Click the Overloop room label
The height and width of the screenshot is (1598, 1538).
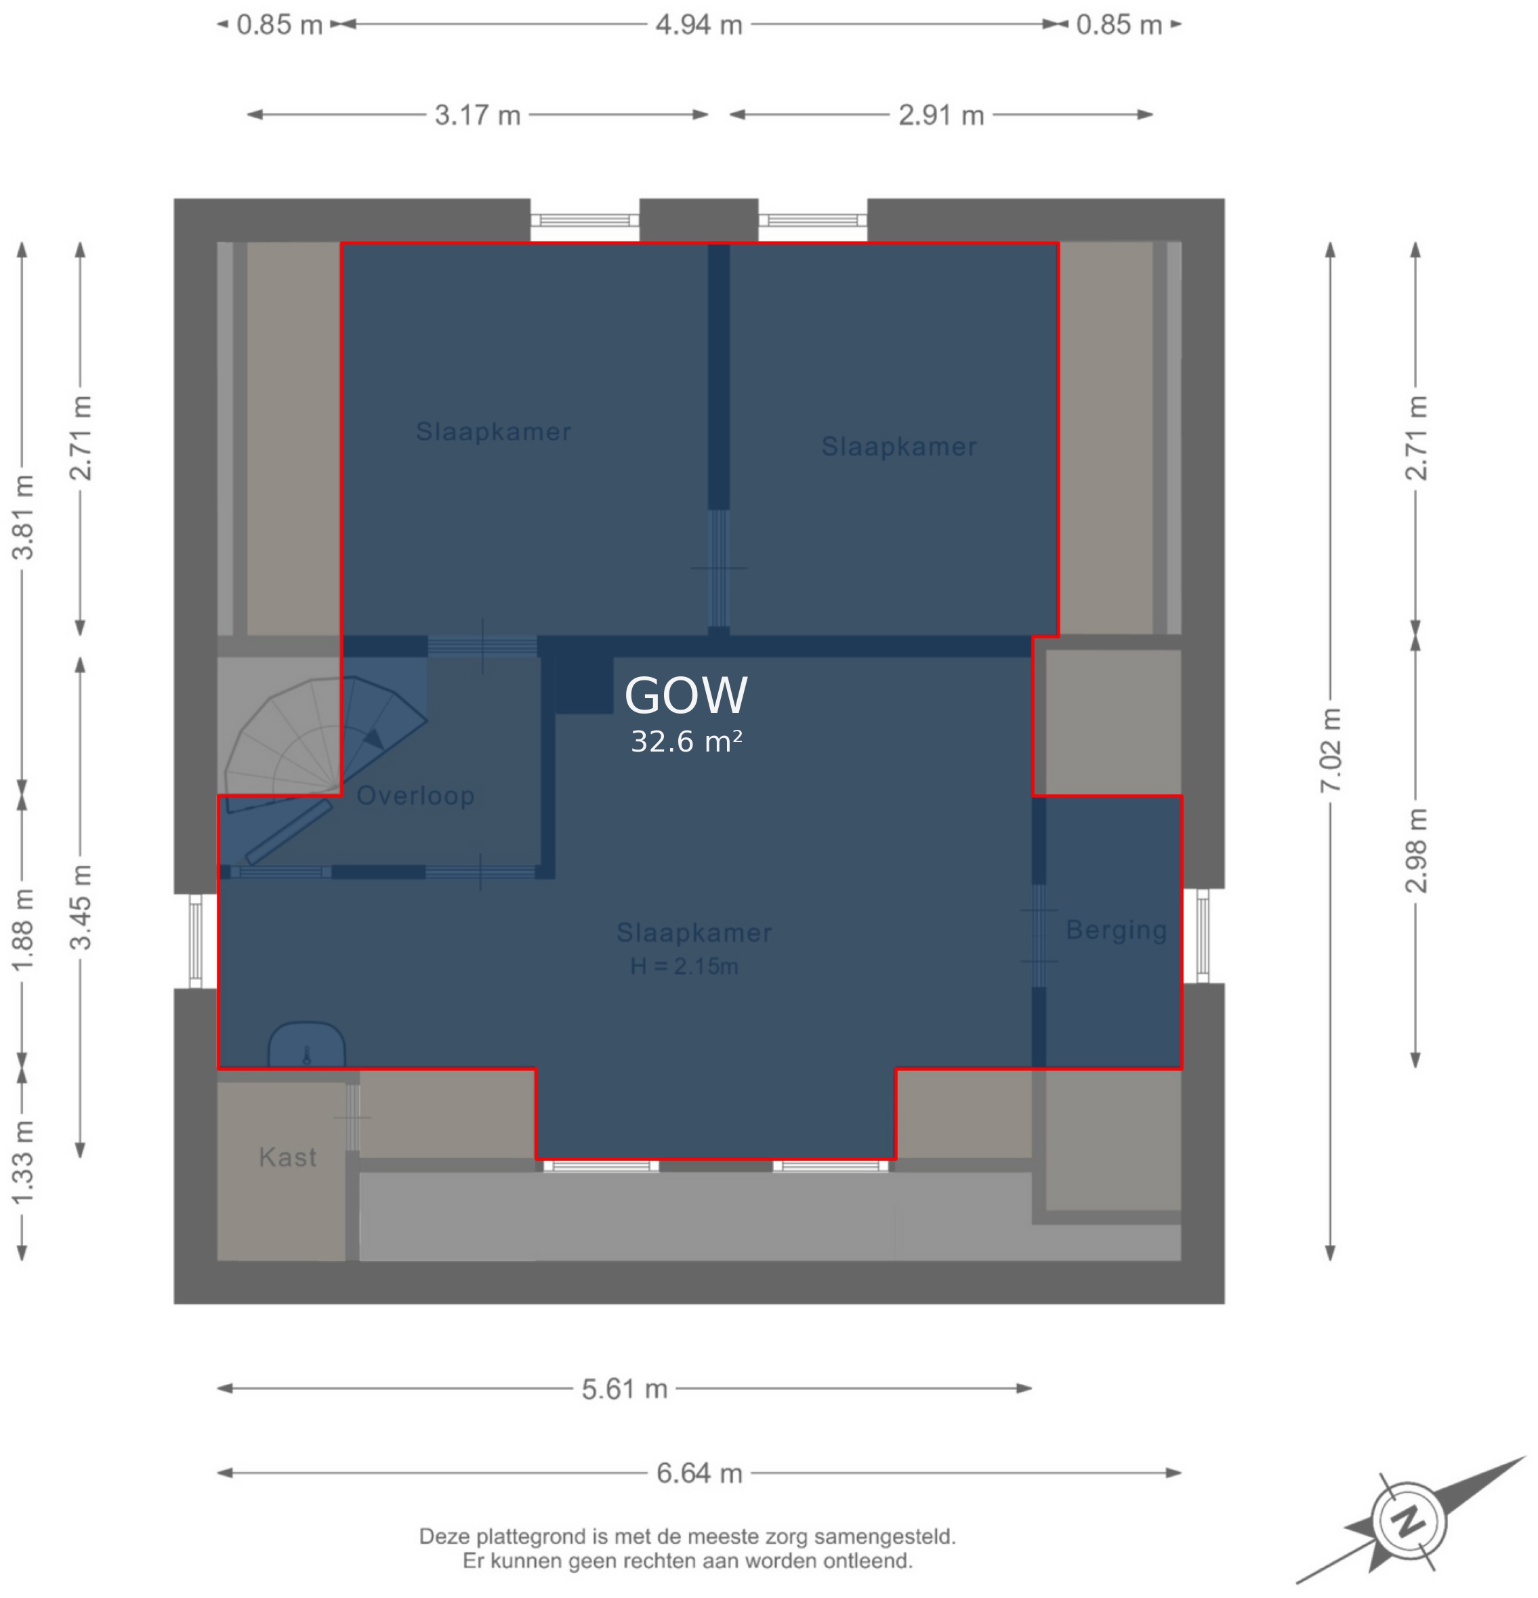pyautogui.click(x=416, y=795)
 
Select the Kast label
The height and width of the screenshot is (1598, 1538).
pyautogui.click(x=288, y=1157)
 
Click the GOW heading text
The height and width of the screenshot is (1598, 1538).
pyautogui.click(x=686, y=695)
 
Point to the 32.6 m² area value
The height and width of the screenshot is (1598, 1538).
pyautogui.click(x=686, y=741)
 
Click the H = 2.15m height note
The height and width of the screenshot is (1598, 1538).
pyautogui.click(x=684, y=966)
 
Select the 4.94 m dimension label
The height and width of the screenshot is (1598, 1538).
pyautogui.click(x=699, y=24)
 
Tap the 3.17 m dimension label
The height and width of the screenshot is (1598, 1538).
pyautogui.click(x=478, y=115)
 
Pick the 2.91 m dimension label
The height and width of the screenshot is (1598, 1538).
pyautogui.click(x=941, y=115)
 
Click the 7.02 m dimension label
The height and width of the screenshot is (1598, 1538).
pyautogui.click(x=1330, y=750)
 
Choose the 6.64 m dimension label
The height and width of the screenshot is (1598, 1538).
pyautogui.click(x=699, y=1473)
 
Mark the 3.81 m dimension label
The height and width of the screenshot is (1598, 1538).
pyautogui.click(x=23, y=517)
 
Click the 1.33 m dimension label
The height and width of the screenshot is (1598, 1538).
pyautogui.click(x=23, y=1163)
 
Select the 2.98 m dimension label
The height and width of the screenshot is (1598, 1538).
pyautogui.click(x=1416, y=851)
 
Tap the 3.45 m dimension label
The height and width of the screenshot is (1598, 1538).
pyautogui.click(x=81, y=907)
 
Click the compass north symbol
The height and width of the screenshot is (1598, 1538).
pyautogui.click(x=1409, y=1521)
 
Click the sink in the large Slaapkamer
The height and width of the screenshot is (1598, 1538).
pyautogui.click(x=306, y=1045)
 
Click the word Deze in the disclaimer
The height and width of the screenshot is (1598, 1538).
pyautogui.click(x=445, y=1537)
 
